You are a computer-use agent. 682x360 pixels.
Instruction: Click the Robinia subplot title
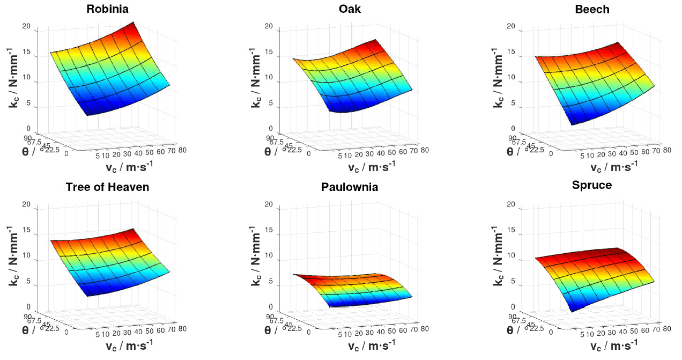click(111, 9)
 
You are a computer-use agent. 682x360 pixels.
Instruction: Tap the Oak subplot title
click(350, 9)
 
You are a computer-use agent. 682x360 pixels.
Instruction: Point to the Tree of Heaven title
click(107, 187)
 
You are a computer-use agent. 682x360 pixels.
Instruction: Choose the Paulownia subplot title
click(350, 187)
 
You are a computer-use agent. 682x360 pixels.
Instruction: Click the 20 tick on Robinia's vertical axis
click(32, 26)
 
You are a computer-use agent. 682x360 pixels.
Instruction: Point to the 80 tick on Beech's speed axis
click(666, 150)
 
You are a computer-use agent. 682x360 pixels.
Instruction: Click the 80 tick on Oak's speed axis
click(424, 150)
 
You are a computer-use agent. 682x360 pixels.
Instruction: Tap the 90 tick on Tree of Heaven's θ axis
click(33, 317)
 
